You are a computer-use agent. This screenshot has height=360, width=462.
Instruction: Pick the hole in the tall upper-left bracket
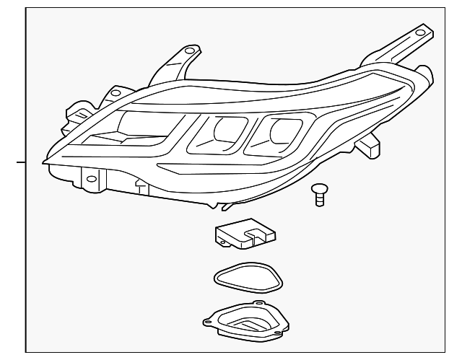pyautogui.click(x=189, y=52)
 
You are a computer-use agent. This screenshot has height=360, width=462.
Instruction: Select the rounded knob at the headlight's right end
pyautogui.click(x=425, y=73)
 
